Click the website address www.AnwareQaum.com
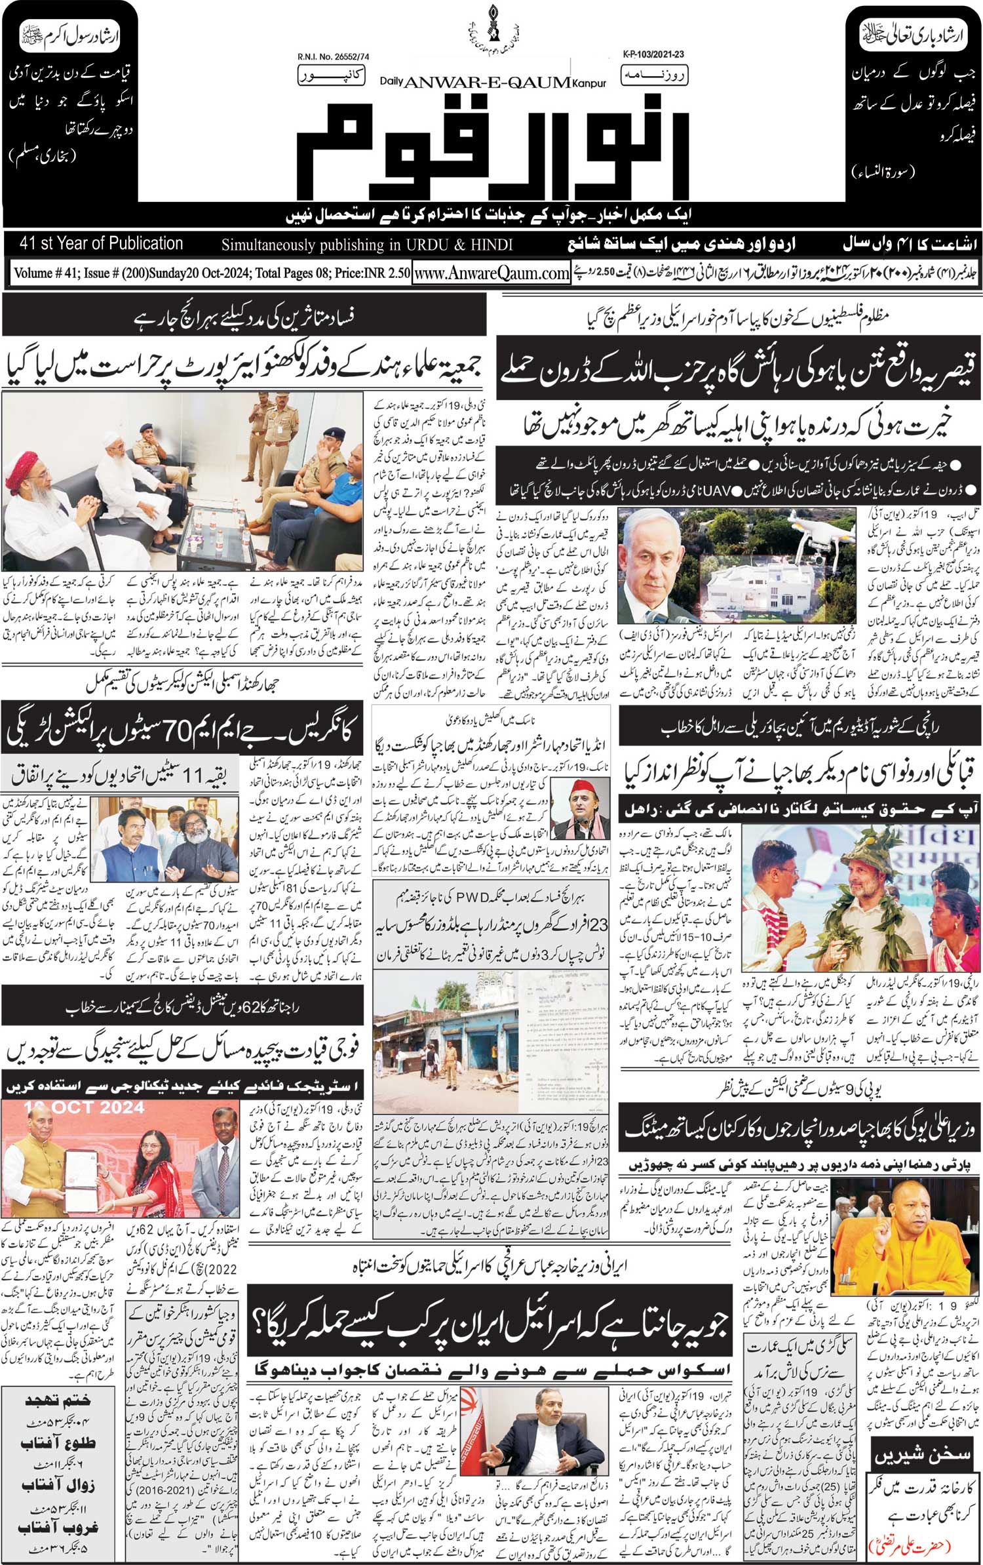491,273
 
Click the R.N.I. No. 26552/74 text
333,58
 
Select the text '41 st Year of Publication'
102,244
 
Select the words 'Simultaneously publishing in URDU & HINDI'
367,245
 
